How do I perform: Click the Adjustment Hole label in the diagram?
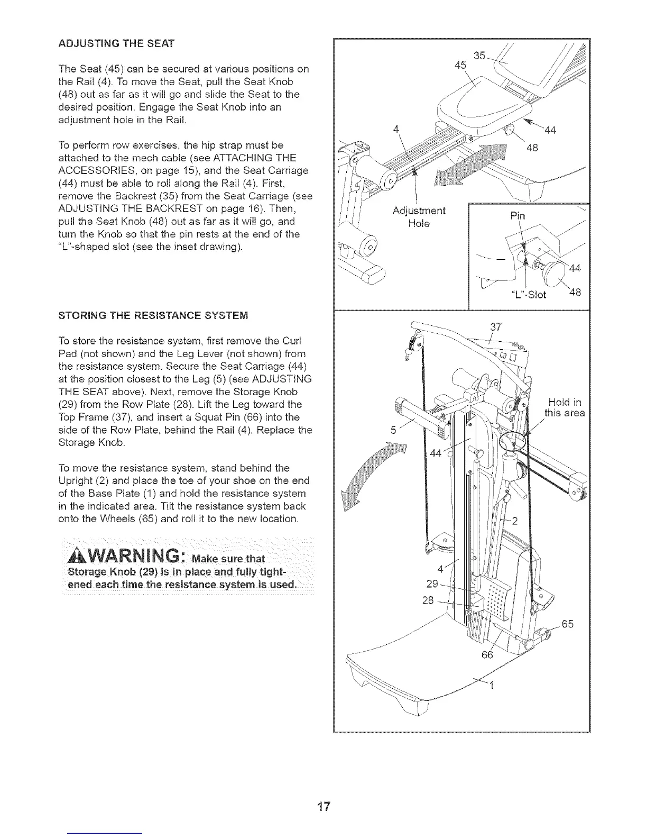pos(419,217)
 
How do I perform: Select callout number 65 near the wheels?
pos(567,624)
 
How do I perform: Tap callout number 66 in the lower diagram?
pos(487,655)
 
